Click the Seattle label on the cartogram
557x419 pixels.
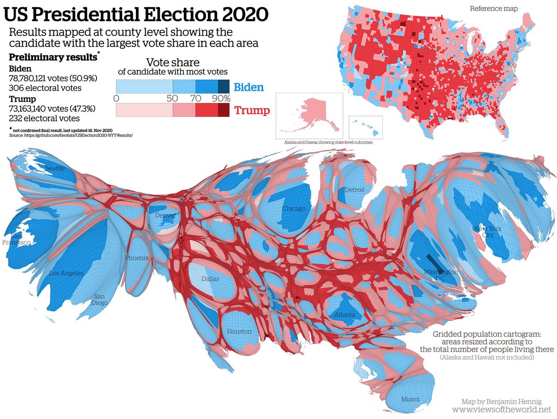point(55,168)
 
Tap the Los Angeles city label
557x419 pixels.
point(66,273)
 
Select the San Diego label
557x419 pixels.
point(100,299)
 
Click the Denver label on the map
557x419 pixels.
point(166,216)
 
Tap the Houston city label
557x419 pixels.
point(239,331)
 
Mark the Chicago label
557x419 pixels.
point(294,209)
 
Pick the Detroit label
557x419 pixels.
point(355,190)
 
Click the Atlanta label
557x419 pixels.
point(344,316)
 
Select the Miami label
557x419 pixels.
point(410,400)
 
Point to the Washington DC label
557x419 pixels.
point(440,275)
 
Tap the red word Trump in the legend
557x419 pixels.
point(251,110)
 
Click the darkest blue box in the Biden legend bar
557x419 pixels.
point(224,87)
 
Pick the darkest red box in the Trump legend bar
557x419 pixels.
point(224,110)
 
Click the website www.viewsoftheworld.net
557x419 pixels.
point(501,410)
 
